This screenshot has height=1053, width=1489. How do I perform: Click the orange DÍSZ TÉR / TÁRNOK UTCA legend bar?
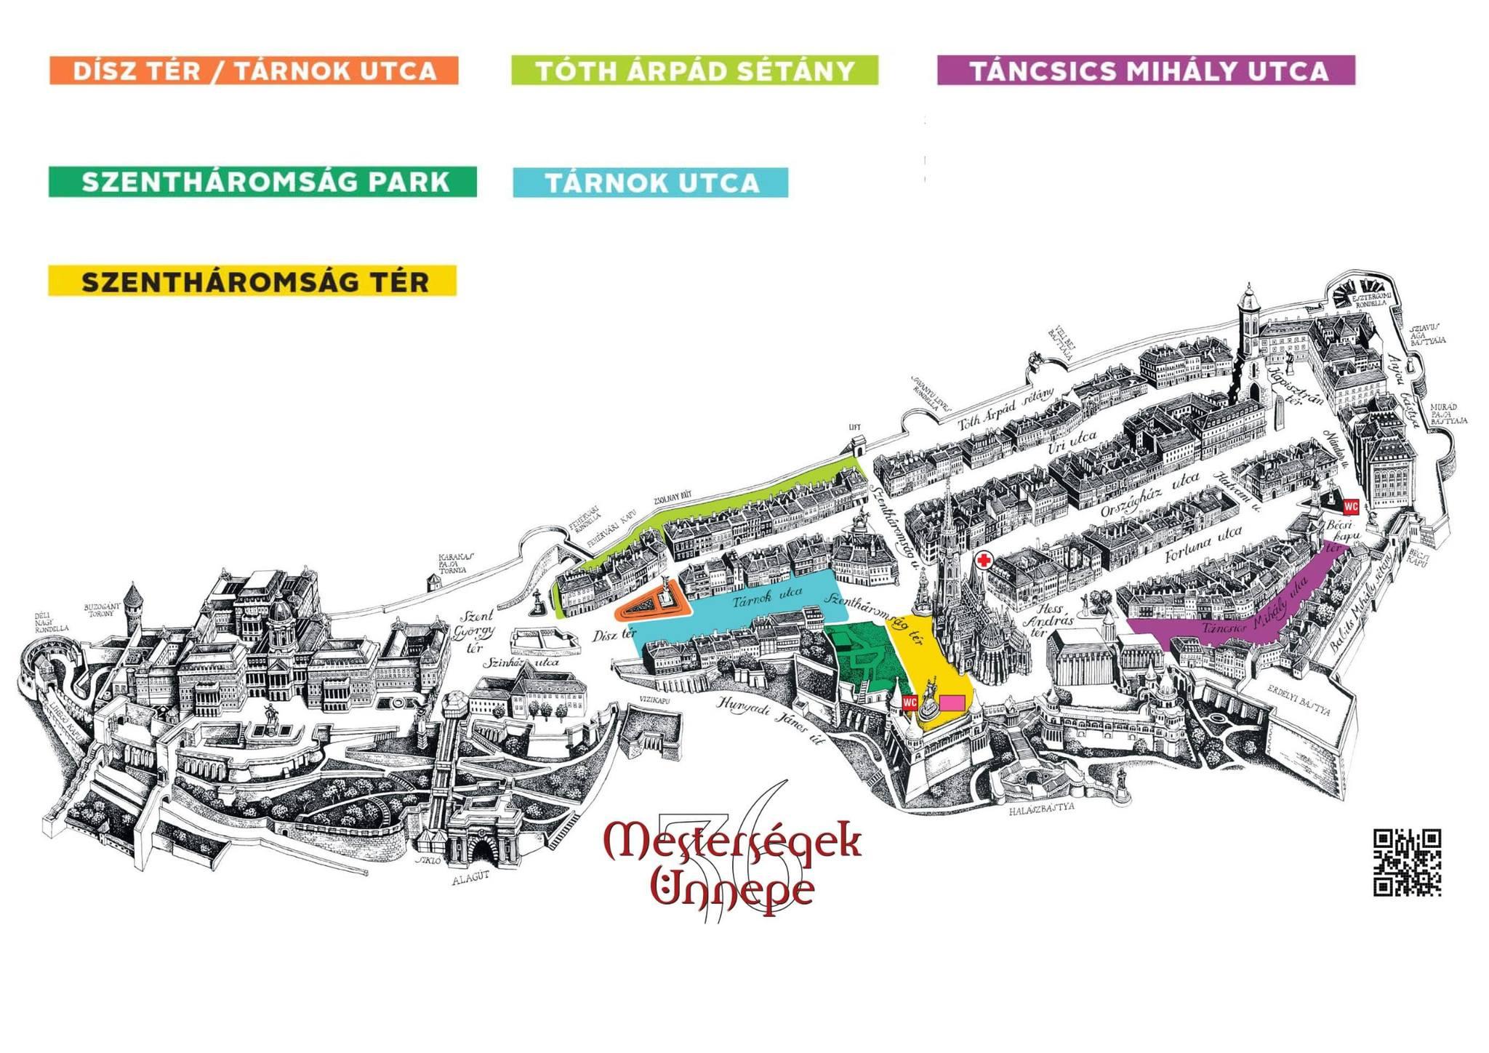(x=254, y=71)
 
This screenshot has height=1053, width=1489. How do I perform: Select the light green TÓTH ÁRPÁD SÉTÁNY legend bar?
(x=694, y=71)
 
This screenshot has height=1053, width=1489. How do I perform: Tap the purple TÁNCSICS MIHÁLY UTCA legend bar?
(x=1146, y=71)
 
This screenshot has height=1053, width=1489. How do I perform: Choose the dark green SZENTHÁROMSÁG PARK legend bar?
(x=262, y=182)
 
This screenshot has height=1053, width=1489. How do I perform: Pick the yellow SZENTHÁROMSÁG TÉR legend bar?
(x=252, y=281)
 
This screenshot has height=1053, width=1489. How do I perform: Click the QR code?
(x=1407, y=862)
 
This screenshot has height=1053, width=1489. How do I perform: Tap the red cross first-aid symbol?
(x=984, y=561)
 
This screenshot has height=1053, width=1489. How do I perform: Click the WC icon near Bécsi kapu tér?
(x=1351, y=505)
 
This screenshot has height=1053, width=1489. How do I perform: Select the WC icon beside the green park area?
(x=910, y=702)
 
